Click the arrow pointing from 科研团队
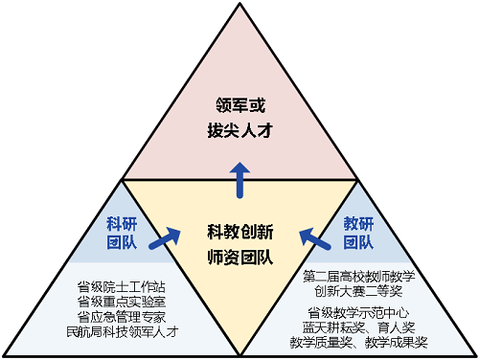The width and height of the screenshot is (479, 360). click(170, 236)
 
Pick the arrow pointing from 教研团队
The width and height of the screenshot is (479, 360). click(310, 235)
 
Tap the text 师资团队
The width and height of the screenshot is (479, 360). click(240, 256)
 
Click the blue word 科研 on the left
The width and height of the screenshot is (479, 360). click(123, 223)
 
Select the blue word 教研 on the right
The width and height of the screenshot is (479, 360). click(358, 223)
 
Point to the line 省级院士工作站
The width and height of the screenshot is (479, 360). click(122, 286)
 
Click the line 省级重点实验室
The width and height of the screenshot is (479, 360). click(122, 302)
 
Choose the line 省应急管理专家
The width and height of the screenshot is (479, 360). click(122, 317)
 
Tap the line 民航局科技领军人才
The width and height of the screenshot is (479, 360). click(122, 332)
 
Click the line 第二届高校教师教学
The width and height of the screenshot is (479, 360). click(358, 278)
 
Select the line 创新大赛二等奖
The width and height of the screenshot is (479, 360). click(358, 292)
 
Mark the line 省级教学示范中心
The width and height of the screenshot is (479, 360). click(358, 312)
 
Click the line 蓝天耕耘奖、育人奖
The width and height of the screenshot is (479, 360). click(358, 327)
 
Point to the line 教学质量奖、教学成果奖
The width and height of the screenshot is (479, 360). click(358, 342)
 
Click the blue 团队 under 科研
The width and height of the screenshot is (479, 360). click(123, 243)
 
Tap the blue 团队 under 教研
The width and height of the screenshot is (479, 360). click(358, 243)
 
